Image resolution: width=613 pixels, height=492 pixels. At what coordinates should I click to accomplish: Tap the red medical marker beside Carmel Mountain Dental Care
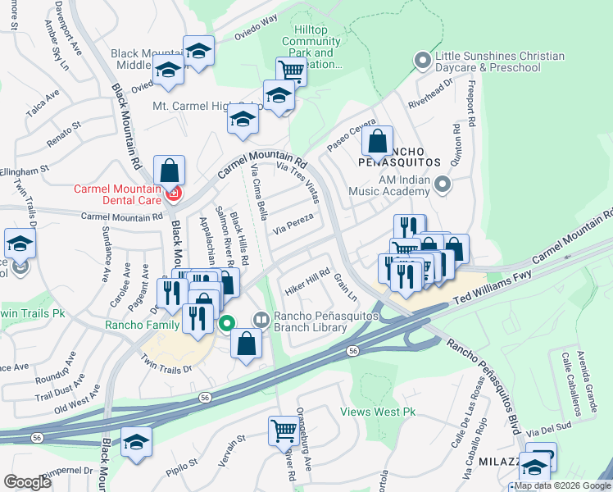click(173, 194)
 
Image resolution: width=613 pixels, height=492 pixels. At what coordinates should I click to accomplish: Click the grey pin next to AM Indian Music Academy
click(443, 184)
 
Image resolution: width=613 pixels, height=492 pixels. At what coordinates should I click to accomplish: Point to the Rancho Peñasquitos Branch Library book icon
click(261, 319)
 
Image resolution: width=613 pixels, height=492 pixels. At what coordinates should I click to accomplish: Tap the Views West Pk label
click(373, 412)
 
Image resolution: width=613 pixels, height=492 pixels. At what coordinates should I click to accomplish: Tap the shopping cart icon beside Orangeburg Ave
click(283, 429)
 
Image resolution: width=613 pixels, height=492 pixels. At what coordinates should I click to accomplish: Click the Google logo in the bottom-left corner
click(28, 482)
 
